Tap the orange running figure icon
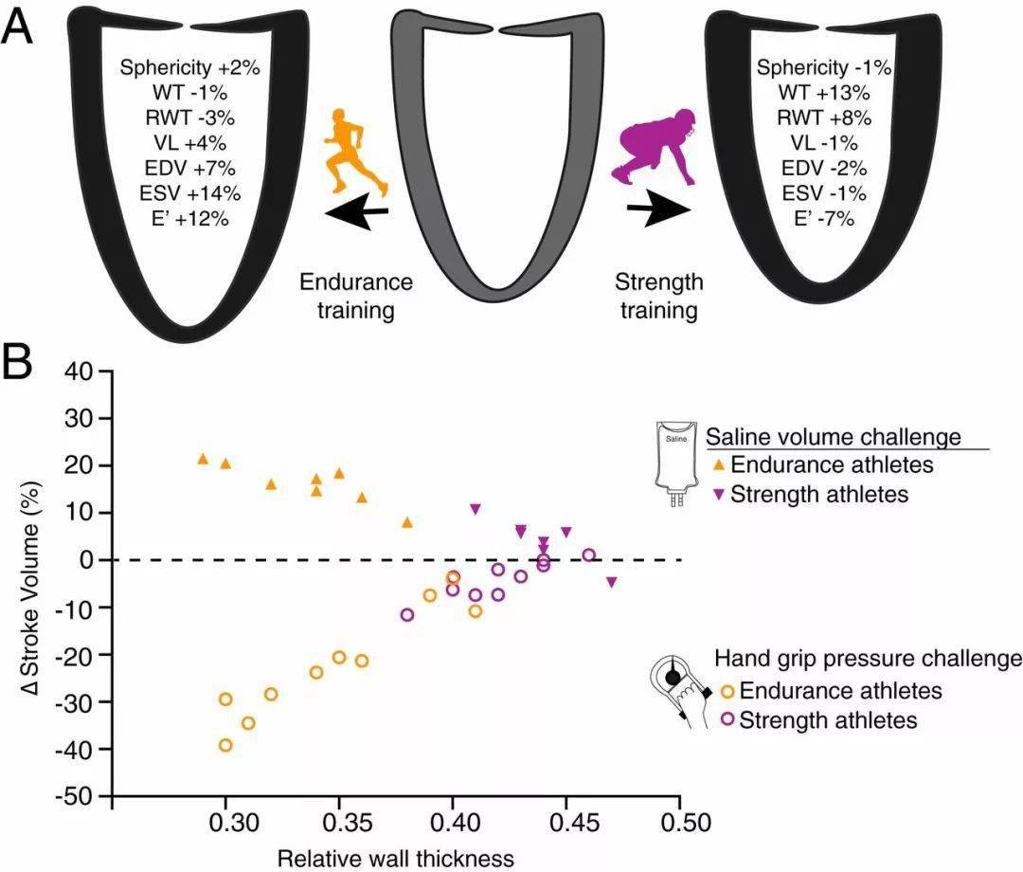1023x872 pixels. pos(354,152)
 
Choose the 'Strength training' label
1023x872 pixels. pos(659,296)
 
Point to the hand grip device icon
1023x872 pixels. pos(680,691)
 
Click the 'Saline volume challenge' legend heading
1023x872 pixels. pos(834,437)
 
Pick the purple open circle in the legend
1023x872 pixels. pos(727,719)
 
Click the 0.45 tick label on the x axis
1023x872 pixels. pos(566,820)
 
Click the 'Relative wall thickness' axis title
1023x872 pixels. pos(396,859)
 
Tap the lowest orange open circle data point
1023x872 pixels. pos(225,745)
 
